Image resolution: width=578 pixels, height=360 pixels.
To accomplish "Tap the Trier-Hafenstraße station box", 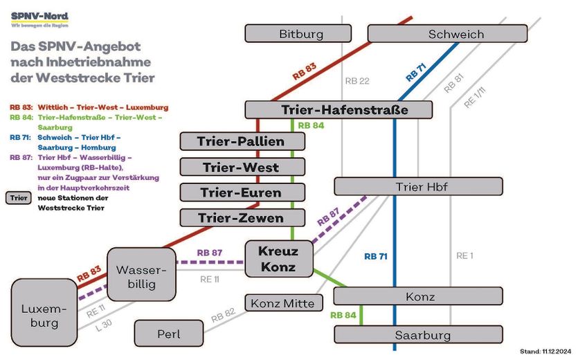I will [338, 110].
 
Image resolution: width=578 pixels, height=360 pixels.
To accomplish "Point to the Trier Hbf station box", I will [418, 187].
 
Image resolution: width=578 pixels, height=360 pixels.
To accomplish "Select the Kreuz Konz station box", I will [278, 259].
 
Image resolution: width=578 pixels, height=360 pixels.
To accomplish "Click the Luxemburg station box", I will [44, 314].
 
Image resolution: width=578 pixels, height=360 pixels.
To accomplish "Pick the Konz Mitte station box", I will [282, 303].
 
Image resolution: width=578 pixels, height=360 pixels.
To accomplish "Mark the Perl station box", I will [169, 334].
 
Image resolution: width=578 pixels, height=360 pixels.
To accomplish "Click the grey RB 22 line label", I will [356, 81].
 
